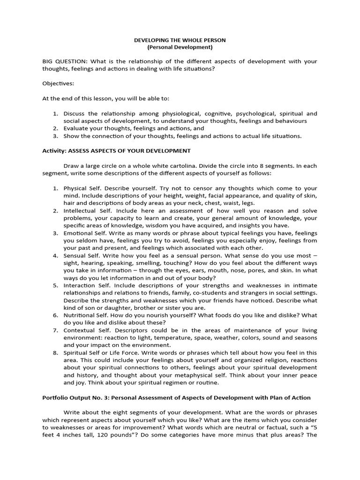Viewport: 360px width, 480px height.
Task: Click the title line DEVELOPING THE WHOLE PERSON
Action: coord(180,40)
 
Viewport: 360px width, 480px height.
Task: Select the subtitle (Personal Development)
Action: coord(180,47)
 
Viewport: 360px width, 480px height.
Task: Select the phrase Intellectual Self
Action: coord(85,210)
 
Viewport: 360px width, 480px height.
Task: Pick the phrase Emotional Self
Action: coord(83,233)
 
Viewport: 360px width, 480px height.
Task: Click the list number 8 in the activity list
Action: coord(55,353)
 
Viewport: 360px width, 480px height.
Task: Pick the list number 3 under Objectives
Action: coord(55,136)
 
